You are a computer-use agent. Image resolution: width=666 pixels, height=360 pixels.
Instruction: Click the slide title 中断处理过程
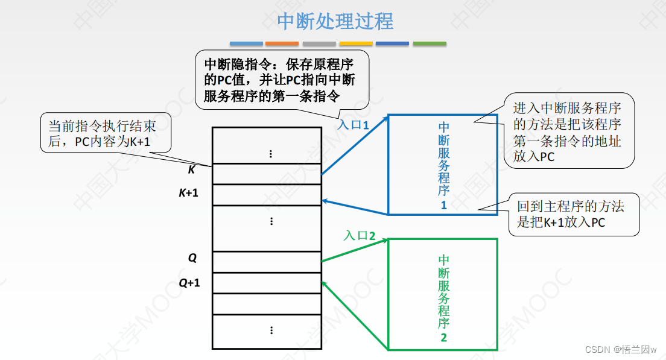335,22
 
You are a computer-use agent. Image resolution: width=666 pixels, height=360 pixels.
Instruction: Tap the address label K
192,170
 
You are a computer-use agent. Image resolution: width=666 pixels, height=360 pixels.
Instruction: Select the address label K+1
188,194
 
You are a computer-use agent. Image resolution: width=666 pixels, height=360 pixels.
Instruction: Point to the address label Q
192,258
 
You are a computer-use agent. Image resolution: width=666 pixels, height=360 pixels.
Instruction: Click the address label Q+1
189,282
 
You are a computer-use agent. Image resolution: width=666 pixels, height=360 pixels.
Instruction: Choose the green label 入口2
360,236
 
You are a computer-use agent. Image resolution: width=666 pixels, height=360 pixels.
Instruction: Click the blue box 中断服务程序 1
443,165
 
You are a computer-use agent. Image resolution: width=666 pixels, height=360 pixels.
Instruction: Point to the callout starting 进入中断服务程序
567,131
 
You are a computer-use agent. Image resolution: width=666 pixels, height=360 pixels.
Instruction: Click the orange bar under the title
282,44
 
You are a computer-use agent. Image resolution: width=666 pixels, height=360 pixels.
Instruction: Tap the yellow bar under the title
355,44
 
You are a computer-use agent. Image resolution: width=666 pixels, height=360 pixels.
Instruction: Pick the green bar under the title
430,44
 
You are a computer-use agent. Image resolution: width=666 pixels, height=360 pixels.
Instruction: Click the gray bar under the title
319,44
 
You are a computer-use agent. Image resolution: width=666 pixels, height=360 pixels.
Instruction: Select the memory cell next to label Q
267,262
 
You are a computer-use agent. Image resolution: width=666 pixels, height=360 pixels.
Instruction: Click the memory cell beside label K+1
267,195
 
